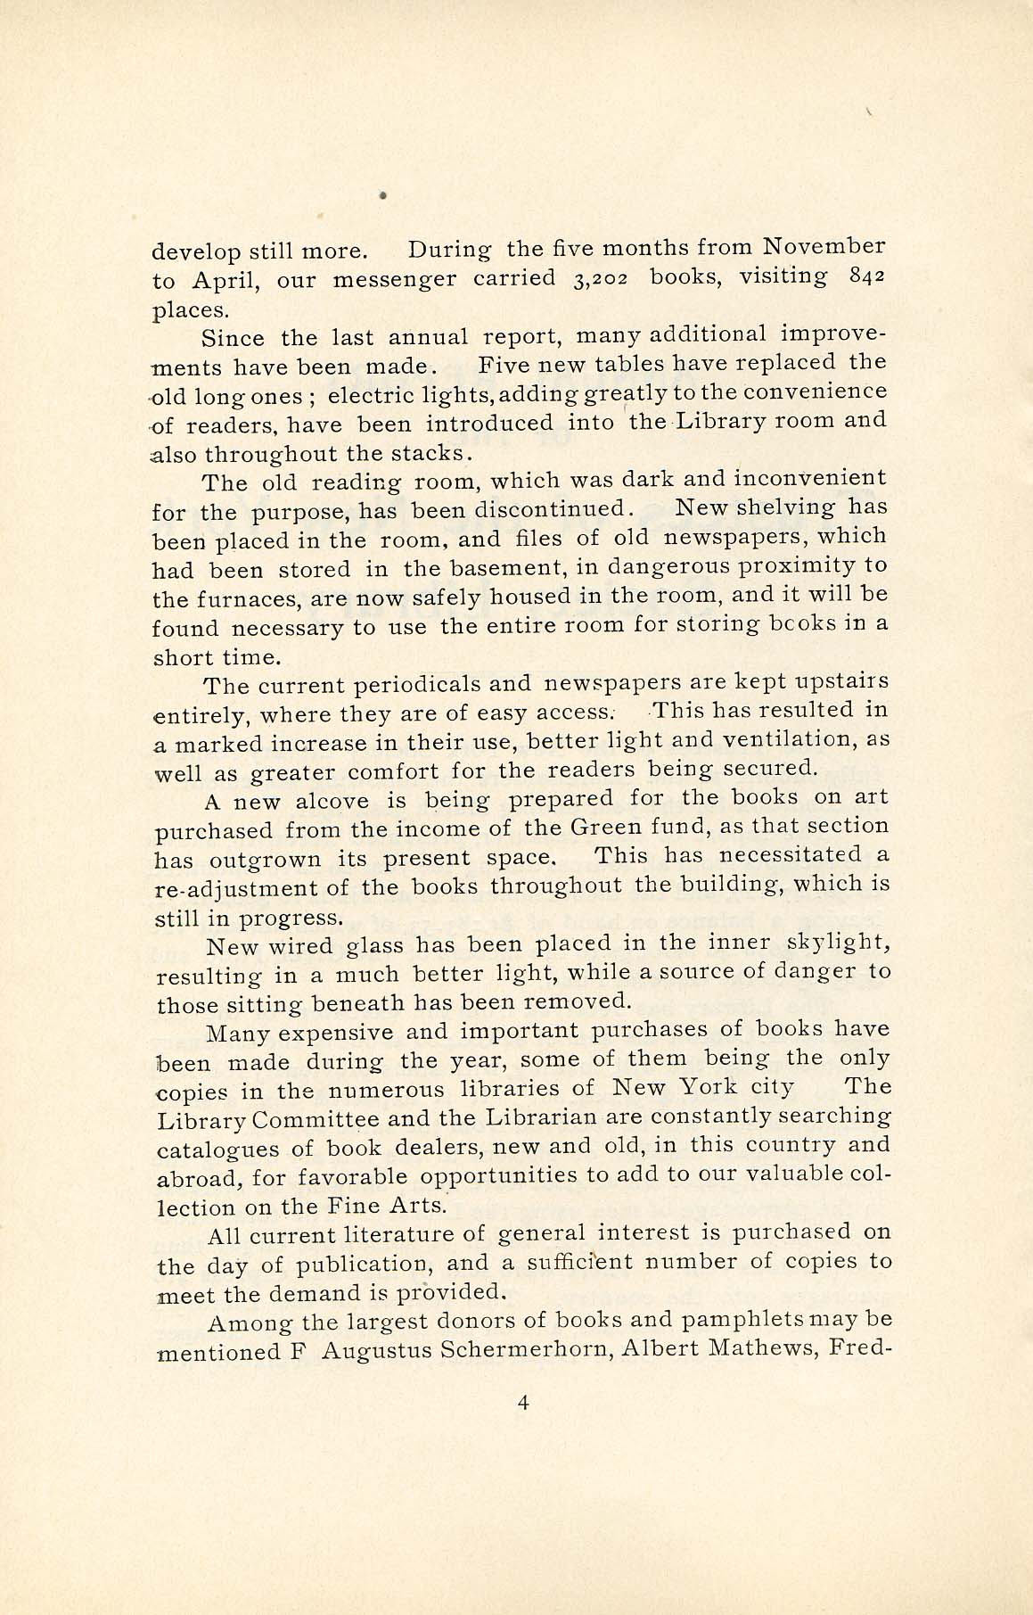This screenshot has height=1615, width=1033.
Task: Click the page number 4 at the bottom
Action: [x=522, y=1403]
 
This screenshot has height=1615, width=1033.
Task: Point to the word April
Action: [x=224, y=281]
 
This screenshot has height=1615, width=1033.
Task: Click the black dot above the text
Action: [x=381, y=194]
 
